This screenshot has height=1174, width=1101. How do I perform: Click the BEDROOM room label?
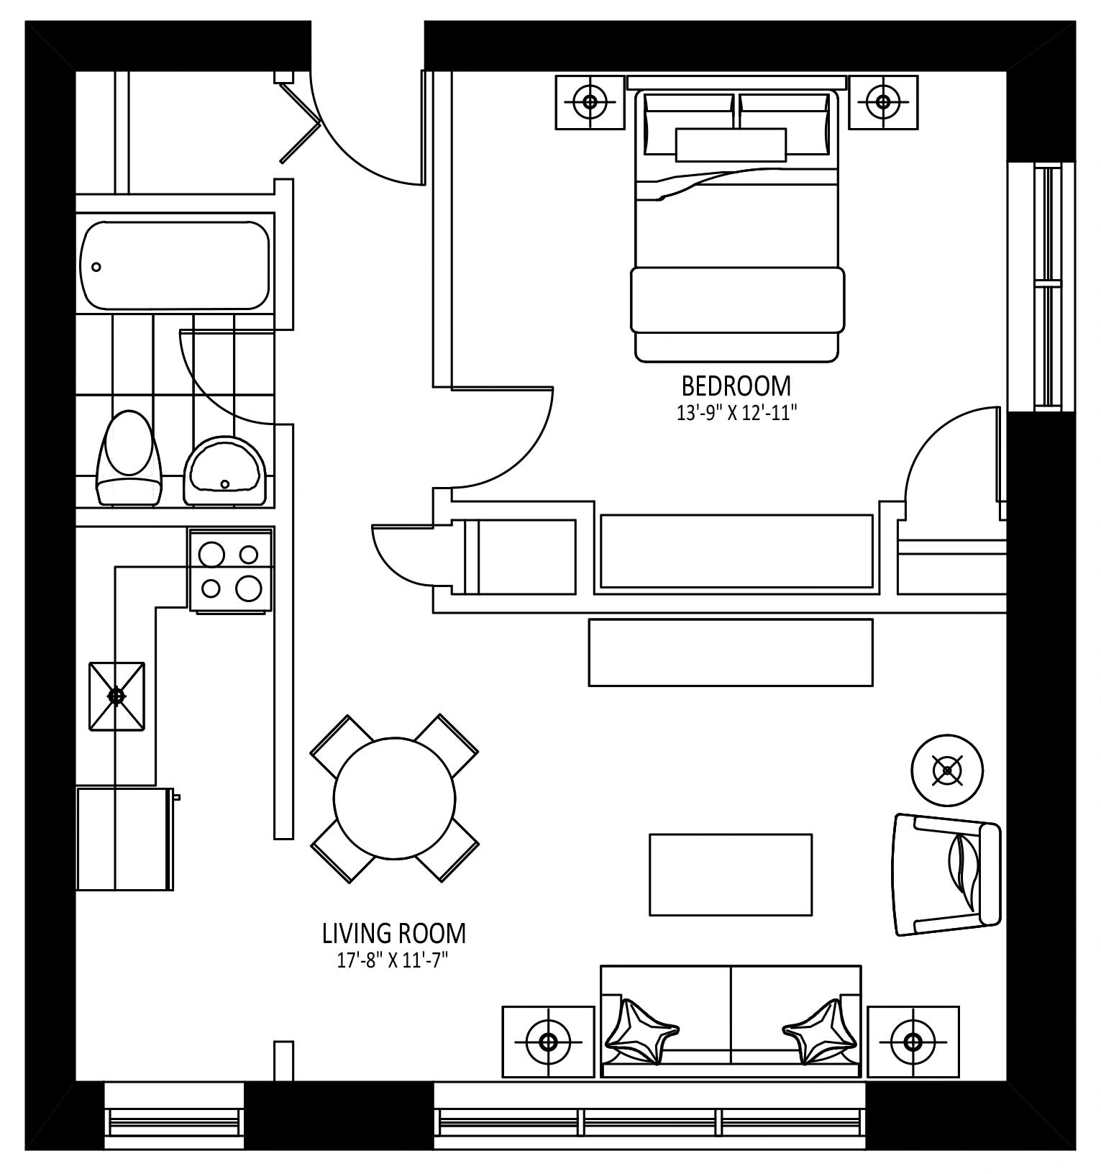pyautogui.click(x=736, y=386)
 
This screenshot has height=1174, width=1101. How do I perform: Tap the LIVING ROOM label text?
pyautogui.click(x=394, y=934)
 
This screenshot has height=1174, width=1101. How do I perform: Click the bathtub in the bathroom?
pyautogui.click(x=175, y=265)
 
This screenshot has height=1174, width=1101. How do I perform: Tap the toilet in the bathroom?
pyautogui.click(x=130, y=458)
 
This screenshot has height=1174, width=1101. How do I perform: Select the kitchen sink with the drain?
pyautogui.click(x=117, y=696)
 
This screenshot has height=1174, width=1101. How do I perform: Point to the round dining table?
pyautogui.click(x=395, y=798)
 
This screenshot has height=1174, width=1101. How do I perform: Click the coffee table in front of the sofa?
pyautogui.click(x=731, y=875)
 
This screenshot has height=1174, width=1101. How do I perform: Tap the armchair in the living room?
pyautogui.click(x=947, y=874)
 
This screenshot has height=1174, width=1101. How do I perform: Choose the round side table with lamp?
pyautogui.click(x=947, y=770)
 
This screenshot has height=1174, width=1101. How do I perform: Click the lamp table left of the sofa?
pyautogui.click(x=549, y=1041)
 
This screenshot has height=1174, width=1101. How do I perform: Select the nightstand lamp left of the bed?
pyautogui.click(x=590, y=102)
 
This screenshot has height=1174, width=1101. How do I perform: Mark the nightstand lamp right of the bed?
pyautogui.click(x=883, y=102)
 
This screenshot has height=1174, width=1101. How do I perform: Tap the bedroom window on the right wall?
pyautogui.click(x=1041, y=287)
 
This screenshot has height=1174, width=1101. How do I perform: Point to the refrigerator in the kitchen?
pyautogui.click(x=125, y=839)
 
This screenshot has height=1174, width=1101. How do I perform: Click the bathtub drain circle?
pyautogui.click(x=96, y=267)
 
